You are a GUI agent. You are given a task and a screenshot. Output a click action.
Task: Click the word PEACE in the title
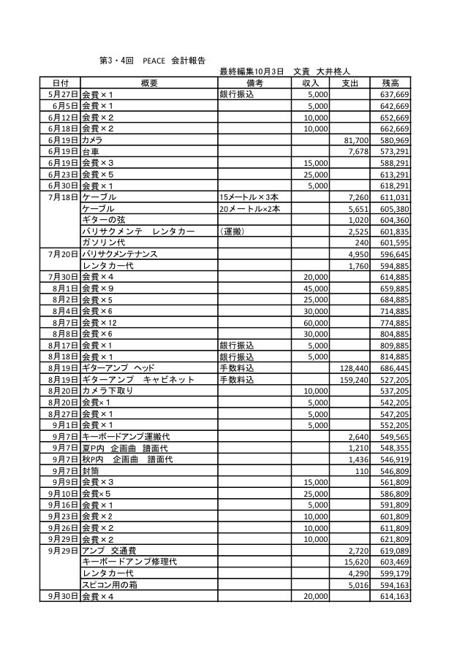point(154,61)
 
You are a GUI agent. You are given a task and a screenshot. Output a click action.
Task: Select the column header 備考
point(254,83)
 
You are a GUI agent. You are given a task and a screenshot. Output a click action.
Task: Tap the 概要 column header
point(149,83)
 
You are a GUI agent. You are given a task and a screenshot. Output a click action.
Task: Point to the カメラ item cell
point(93,140)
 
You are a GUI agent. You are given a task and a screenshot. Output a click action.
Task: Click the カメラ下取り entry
point(108,391)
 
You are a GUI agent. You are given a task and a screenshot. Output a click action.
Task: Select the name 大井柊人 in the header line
point(334,72)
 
